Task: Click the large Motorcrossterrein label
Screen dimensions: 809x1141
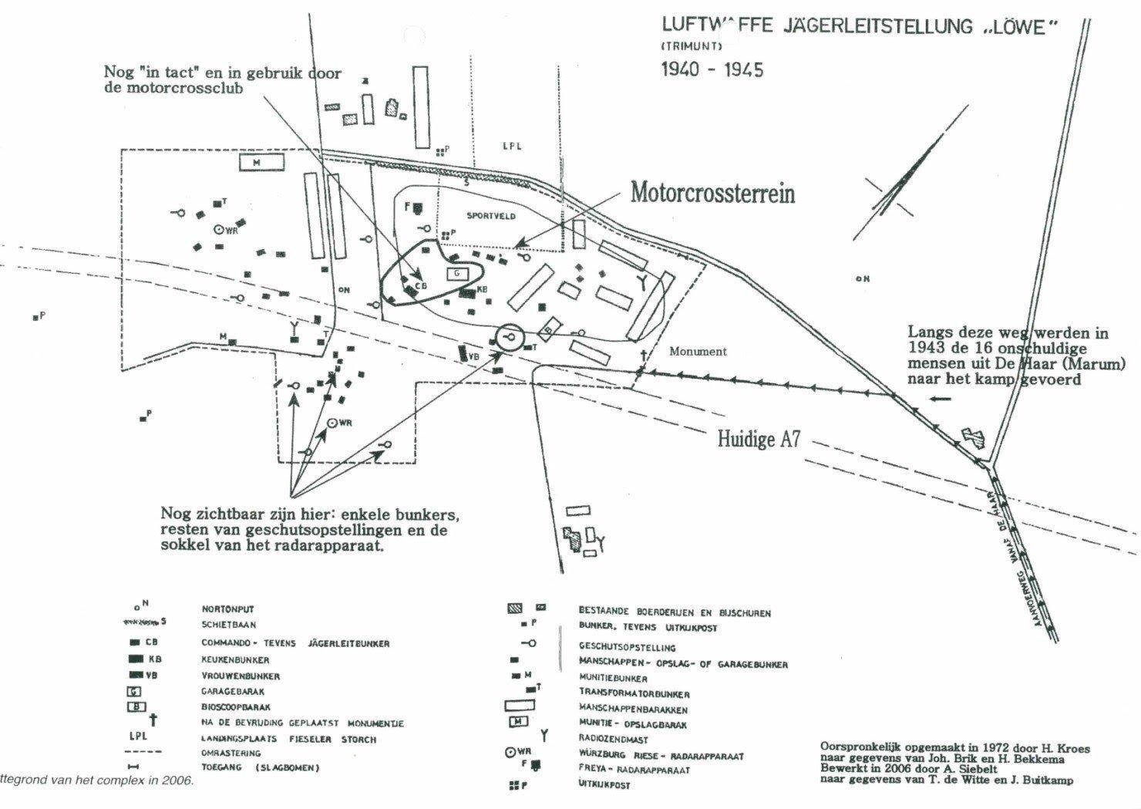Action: pyautogui.click(x=712, y=192)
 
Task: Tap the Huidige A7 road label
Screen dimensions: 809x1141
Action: pyautogui.click(x=759, y=440)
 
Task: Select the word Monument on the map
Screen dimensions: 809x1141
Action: pyautogui.click(x=698, y=352)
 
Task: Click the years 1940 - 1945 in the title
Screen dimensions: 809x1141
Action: pyautogui.click(x=712, y=70)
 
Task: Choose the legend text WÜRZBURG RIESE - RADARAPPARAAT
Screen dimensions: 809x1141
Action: pyautogui.click(x=661, y=757)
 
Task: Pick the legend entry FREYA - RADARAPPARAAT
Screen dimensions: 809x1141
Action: pyautogui.click(x=634, y=770)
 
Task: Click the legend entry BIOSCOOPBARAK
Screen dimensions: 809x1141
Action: pyautogui.click(x=236, y=707)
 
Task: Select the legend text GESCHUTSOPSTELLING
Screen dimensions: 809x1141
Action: pyautogui.click(x=627, y=648)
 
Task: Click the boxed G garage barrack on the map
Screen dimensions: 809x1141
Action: pyautogui.click(x=456, y=274)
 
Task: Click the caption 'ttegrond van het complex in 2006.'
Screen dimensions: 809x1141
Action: pyautogui.click(x=96, y=780)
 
